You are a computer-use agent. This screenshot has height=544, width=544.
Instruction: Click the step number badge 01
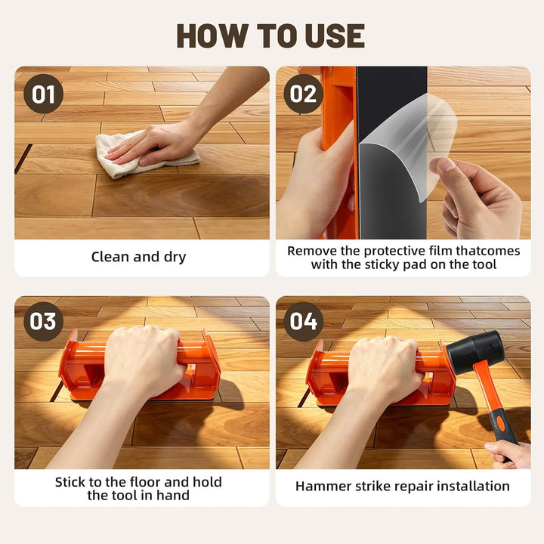pos(43,94)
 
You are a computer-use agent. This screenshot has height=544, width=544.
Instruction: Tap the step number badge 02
pos(303,94)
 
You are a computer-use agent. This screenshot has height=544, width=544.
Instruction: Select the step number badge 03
pos(43,321)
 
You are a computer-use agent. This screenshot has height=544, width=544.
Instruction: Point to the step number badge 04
pos(303,321)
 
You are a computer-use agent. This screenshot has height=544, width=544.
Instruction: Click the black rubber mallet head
pos(474,352)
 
